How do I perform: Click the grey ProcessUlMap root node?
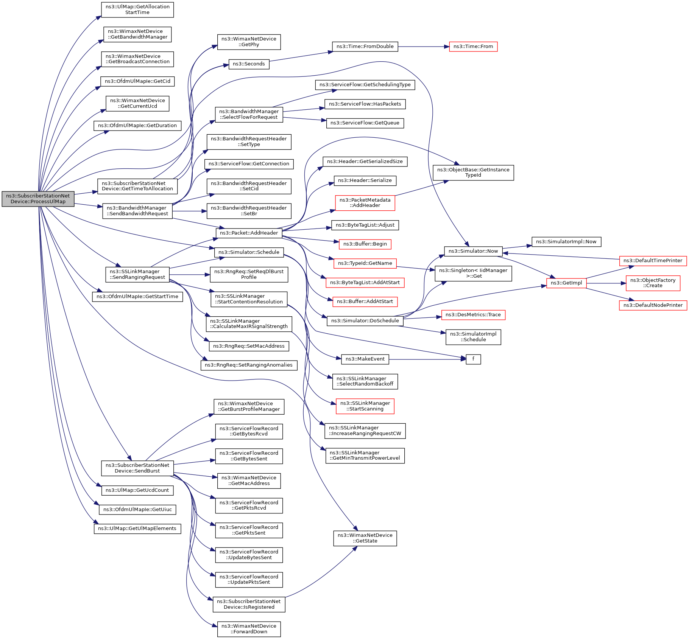(38, 199)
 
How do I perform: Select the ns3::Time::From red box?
(473, 47)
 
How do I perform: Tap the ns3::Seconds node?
(249, 64)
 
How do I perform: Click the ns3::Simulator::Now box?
(473, 251)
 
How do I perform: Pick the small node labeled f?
(473, 359)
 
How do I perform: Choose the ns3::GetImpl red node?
(566, 283)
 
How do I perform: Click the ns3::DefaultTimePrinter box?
(652, 261)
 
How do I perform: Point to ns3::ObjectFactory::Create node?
(653, 283)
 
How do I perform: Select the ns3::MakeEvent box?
(365, 359)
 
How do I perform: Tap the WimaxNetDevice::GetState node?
(365, 538)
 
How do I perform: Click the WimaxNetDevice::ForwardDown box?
(249, 629)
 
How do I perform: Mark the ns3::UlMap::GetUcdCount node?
(137, 490)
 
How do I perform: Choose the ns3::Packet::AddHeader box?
(249, 233)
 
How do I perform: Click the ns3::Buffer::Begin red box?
(365, 244)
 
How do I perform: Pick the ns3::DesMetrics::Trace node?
(473, 315)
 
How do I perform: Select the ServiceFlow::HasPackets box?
(365, 104)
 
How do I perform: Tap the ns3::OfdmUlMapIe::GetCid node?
(137, 81)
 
